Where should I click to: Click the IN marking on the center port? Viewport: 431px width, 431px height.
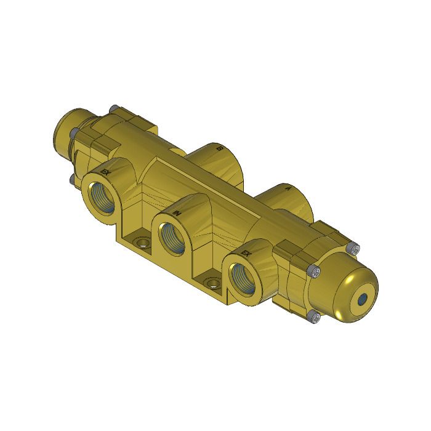click(177, 213)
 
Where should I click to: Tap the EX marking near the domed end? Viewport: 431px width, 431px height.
click(245, 254)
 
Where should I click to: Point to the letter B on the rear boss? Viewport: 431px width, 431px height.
click(218, 148)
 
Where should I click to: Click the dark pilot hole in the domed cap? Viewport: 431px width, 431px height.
click(363, 299)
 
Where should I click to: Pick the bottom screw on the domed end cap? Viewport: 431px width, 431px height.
click(315, 318)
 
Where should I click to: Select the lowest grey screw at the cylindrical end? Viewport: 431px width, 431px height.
click(73, 179)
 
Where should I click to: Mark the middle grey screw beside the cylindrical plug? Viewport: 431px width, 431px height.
click(73, 132)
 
